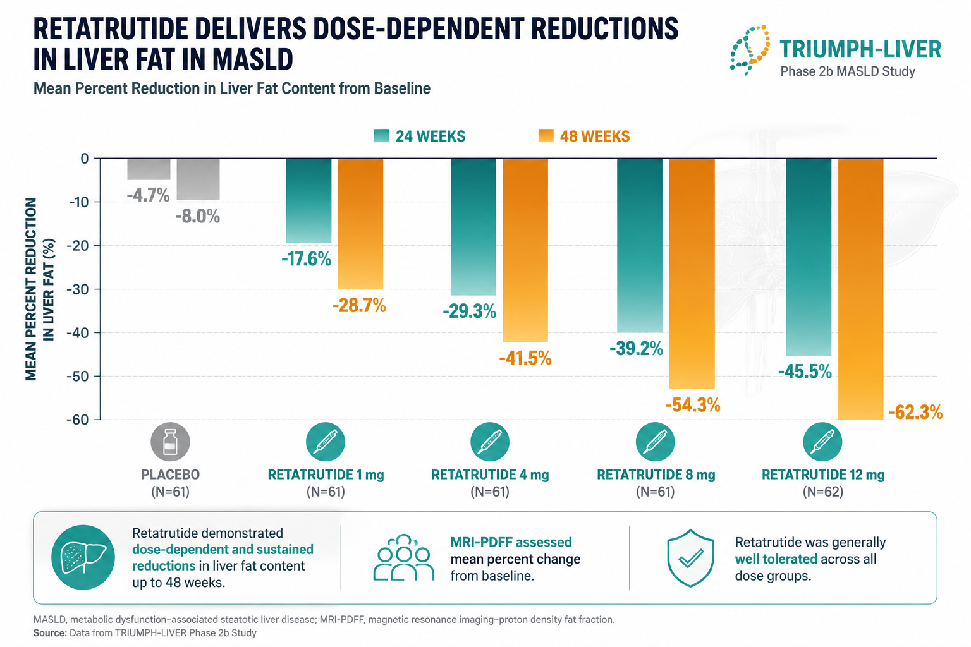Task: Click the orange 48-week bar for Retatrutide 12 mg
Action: coord(860,289)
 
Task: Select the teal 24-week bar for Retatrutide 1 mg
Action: coord(308,201)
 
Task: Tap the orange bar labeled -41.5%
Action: coord(525,250)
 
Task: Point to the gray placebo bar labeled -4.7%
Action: coord(149,169)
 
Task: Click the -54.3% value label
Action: coord(693,405)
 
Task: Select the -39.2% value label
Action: coord(636,348)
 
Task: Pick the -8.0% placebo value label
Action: coord(198,216)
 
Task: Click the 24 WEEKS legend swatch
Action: coord(381,136)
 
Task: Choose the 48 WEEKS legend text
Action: coord(595,136)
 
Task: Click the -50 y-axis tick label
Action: coord(78,376)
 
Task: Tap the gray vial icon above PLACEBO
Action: coord(170,442)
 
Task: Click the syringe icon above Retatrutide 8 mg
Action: coord(655,442)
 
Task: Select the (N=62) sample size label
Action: coord(822,492)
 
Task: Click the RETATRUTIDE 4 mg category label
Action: coord(490,475)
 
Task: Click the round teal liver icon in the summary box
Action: coord(83,558)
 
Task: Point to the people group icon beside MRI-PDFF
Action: coord(403,558)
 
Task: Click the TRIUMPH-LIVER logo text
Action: coord(860,49)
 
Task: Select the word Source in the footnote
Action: coord(50,633)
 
